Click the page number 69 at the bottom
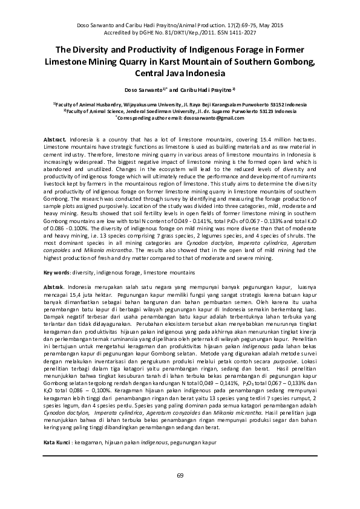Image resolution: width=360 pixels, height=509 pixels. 180,476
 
